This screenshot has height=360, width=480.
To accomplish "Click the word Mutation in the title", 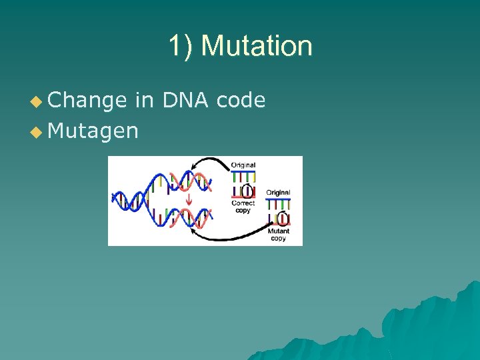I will (256, 46).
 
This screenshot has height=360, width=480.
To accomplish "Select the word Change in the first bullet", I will (87, 101).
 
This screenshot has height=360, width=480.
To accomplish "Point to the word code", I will (241, 101).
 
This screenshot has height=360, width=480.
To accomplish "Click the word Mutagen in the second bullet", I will (93, 131).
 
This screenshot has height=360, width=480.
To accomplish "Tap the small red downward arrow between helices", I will (189, 199).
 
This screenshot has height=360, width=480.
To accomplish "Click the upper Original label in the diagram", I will (243, 165).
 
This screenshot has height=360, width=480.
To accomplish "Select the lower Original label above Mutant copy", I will (278, 193).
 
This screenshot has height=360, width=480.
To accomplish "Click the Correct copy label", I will (243, 207).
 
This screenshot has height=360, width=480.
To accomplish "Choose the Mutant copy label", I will (278, 235).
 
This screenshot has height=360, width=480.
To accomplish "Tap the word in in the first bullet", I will (144, 101).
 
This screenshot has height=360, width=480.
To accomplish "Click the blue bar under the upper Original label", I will (243, 171).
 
